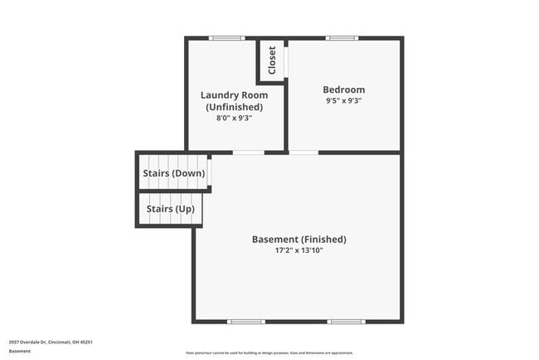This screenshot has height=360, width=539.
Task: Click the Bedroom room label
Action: (343, 90)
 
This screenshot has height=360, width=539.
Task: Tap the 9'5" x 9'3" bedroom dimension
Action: (343, 100)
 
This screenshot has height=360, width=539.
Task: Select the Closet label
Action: (271, 61)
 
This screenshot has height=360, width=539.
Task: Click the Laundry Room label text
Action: (235, 95)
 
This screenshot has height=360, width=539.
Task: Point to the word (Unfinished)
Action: (235, 107)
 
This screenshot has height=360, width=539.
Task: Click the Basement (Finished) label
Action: (299, 240)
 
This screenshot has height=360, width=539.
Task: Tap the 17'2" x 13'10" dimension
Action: (299, 251)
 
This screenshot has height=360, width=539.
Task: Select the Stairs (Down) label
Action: (173, 173)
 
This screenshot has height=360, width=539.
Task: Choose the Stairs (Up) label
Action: (170, 209)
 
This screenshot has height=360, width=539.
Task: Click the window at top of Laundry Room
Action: (226, 37)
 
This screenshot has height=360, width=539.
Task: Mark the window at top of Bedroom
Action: (342, 37)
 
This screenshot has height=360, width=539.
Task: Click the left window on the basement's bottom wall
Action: (246, 322)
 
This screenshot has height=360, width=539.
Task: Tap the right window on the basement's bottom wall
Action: (346, 322)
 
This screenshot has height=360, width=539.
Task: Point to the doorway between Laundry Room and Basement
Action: (249, 153)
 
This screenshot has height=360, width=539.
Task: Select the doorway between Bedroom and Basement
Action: (303, 153)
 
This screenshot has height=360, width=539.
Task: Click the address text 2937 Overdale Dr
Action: (51, 341)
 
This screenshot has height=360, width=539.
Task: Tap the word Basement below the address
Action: (19, 351)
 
